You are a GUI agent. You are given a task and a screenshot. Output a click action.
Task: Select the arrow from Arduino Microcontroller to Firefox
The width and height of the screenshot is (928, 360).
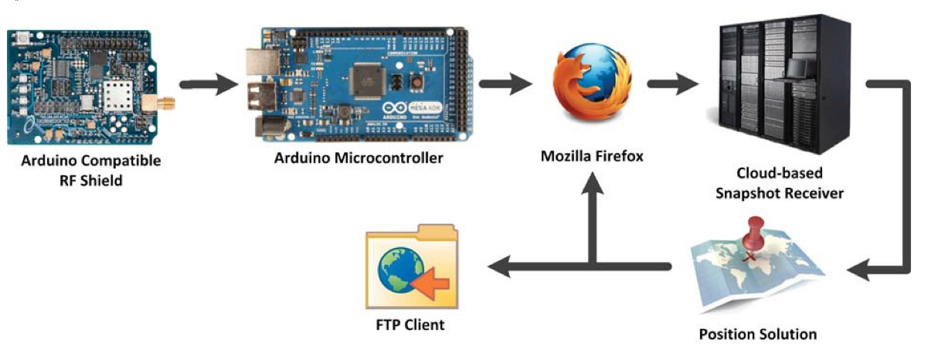tap(506, 84)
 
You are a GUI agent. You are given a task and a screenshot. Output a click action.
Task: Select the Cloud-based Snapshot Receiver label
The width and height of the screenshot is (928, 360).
tap(778, 183)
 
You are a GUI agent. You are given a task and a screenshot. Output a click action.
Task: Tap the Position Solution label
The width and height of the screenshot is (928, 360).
tap(757, 335)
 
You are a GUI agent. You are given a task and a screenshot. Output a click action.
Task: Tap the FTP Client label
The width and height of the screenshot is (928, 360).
tap(406, 324)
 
